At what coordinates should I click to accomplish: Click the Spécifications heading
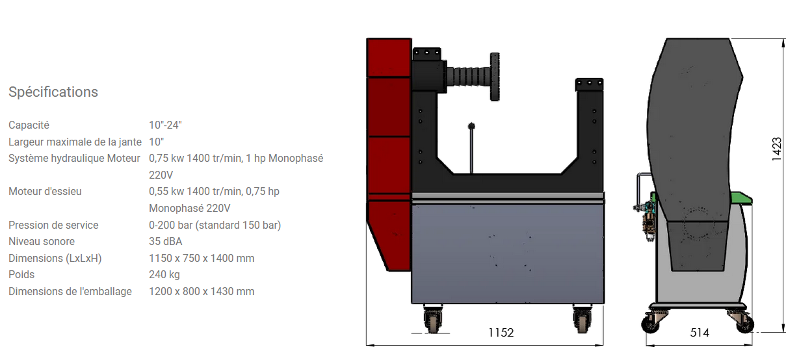coord(53,92)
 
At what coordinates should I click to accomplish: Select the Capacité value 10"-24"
coord(165,125)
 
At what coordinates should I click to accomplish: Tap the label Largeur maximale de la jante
coord(75,142)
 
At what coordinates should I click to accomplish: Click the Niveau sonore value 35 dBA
coord(166,241)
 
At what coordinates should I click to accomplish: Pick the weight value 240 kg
coord(164,274)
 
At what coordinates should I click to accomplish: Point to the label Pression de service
coord(53,225)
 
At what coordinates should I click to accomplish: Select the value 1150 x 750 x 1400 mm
coord(202,258)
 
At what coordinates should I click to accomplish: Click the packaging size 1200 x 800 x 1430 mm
coord(202,291)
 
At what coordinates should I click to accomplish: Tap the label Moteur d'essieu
coord(45,192)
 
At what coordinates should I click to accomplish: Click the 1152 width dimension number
coord(501,333)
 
